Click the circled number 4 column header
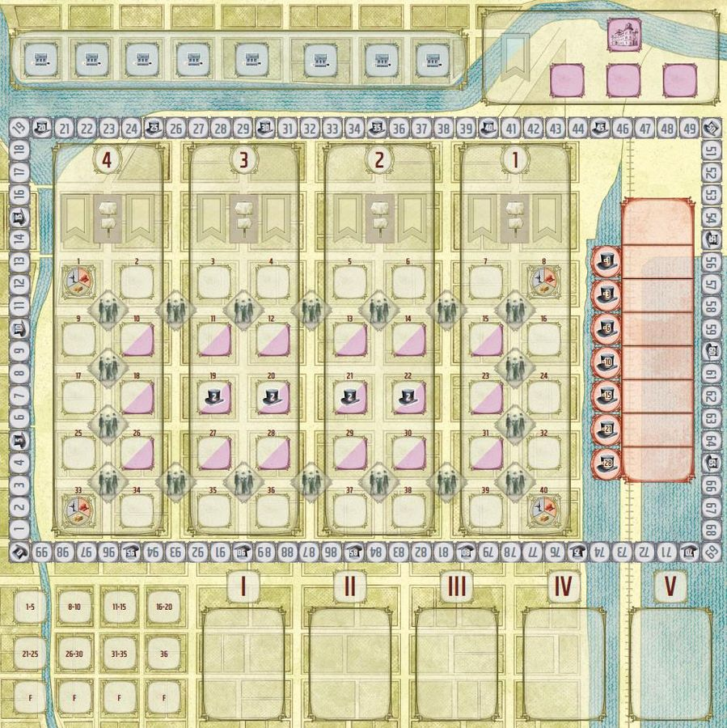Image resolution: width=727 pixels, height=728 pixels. tap(108, 159)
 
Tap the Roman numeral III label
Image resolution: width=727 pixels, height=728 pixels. tap(457, 587)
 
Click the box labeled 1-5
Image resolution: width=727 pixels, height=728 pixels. tap(31, 607)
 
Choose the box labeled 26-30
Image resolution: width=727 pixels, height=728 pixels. tap(75, 652)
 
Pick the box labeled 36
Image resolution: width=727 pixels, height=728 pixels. tap(164, 652)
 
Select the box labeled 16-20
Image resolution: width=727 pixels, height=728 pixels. tap(164, 607)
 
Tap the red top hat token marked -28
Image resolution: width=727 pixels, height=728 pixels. tap(607, 463)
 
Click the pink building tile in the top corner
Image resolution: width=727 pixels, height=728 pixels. tap(621, 35)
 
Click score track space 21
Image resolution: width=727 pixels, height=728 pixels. tap(66, 129)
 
